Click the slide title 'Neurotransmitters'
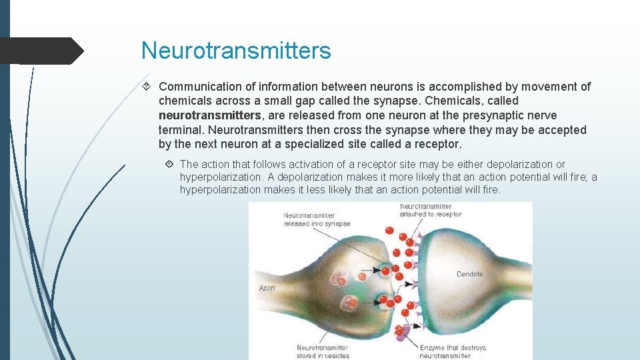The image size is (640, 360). pyautogui.click(x=236, y=51)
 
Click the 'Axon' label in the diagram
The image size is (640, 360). pyautogui.click(x=267, y=288)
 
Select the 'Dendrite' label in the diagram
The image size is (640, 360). pyautogui.click(x=469, y=274)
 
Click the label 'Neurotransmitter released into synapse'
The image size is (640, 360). pyautogui.click(x=316, y=219)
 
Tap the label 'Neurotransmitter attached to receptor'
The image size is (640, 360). pyautogui.click(x=430, y=211)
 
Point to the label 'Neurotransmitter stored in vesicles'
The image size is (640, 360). pyautogui.click(x=323, y=351)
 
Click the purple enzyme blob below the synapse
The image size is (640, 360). pyautogui.click(x=402, y=331)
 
